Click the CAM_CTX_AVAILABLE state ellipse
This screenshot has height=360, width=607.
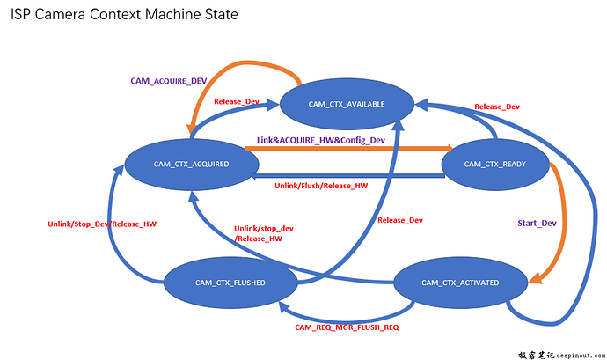click(x=347, y=104)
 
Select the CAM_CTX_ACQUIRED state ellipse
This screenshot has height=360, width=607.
click(x=191, y=164)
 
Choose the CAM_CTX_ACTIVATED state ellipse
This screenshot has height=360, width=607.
click(x=459, y=282)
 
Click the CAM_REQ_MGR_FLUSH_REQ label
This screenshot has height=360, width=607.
click(x=347, y=327)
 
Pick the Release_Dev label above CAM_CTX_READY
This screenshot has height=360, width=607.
click(x=496, y=107)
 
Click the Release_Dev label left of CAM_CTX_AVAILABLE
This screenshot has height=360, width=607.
click(x=237, y=102)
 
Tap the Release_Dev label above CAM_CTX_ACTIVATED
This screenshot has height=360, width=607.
click(x=399, y=220)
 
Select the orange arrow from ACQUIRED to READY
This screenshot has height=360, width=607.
click(x=352, y=151)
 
